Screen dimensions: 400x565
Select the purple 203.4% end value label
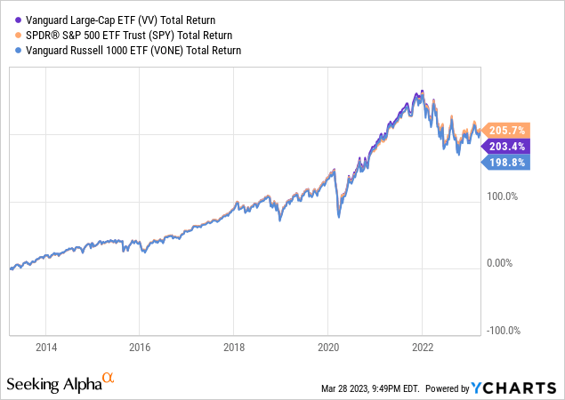click(x=505, y=146)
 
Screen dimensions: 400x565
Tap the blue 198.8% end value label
click(x=505, y=163)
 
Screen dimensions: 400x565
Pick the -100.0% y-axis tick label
click(x=503, y=331)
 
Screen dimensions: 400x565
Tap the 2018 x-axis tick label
click(x=234, y=348)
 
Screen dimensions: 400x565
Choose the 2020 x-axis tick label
click(x=328, y=348)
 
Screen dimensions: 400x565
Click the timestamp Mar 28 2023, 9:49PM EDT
click(x=369, y=388)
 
